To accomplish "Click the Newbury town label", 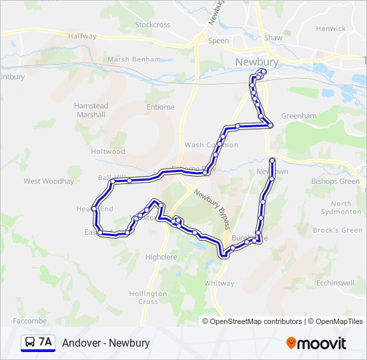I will pos(257,61).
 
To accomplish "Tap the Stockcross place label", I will pos(153,25).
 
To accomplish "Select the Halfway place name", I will pos(82,36).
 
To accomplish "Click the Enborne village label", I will pos(160,107).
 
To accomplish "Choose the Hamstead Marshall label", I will pos(91,110).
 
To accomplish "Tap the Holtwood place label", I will pos(108,151).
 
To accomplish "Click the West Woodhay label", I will pos(49,181).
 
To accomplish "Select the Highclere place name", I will pos(160,256).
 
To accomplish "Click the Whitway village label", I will pos(220,283).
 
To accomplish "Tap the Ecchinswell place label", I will pos(335,282).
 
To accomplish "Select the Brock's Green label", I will pos(338,230).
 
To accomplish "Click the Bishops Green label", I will pos(336,181).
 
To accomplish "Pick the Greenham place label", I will pos(298,115).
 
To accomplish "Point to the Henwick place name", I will pos(331,29).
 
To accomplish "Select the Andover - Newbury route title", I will pos(106,343).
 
